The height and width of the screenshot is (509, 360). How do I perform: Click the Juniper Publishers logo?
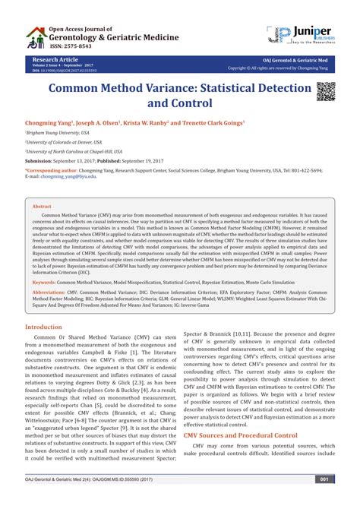[x=301, y=35]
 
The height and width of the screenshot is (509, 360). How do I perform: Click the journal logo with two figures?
[x=34, y=36]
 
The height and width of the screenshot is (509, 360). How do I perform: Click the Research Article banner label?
[x=55, y=58]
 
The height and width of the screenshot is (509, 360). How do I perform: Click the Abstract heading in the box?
[x=42, y=206]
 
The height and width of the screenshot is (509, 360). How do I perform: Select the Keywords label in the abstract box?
[x=49, y=281]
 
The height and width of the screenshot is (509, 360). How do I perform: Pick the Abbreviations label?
[x=53, y=292]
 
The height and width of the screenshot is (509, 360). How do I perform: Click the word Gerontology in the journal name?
[x=78, y=35]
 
